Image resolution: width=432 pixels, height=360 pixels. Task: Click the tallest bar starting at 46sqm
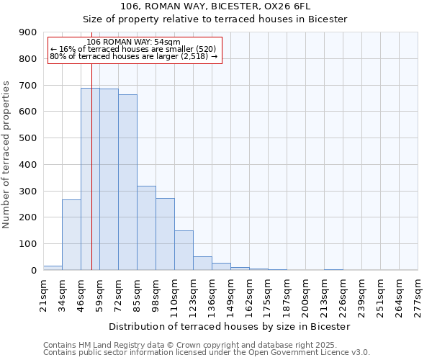(90, 179)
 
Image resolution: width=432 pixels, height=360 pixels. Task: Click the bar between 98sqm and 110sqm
(165, 234)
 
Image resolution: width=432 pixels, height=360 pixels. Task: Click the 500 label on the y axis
(28, 138)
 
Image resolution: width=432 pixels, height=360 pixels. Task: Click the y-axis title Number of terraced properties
(6, 155)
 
